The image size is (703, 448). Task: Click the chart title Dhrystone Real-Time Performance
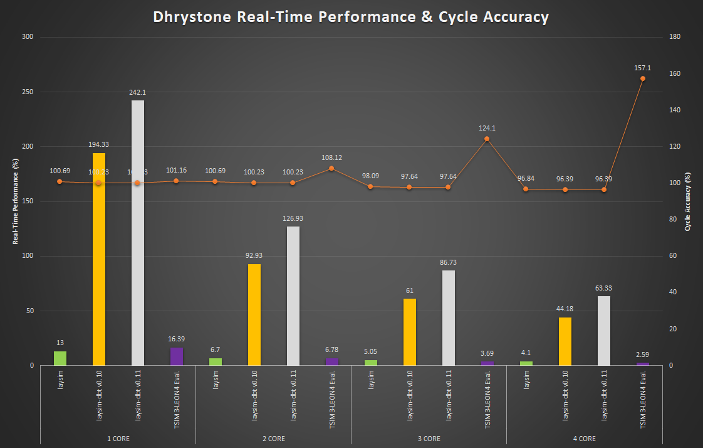(351, 17)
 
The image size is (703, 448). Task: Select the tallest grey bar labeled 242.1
(138, 233)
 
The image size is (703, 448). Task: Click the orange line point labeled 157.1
(642, 78)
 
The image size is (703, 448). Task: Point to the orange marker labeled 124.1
(487, 139)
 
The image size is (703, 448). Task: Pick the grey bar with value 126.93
(293, 296)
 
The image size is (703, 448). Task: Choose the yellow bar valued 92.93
(254, 314)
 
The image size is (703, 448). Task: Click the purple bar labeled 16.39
(177, 356)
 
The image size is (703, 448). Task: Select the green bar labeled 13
(60, 358)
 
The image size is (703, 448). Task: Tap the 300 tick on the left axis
(27, 37)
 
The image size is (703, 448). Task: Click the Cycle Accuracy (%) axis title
(688, 201)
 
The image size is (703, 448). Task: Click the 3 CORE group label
(429, 439)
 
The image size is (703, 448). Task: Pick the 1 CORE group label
(118, 439)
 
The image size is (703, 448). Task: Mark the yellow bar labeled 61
(409, 332)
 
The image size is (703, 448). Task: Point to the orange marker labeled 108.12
(331, 168)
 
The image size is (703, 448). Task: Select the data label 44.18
(565, 309)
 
